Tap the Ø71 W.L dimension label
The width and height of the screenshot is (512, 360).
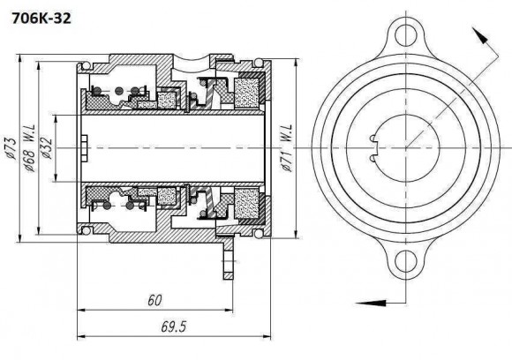pyautogui.click(x=288, y=146)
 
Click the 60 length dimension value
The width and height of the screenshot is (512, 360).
pyautogui.click(x=154, y=301)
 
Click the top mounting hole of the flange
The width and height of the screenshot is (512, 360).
pyautogui.click(x=406, y=35)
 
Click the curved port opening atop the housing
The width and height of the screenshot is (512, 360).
pyautogui.click(x=195, y=63)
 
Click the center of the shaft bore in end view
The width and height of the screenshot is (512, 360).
pyautogui.click(x=406, y=147)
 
